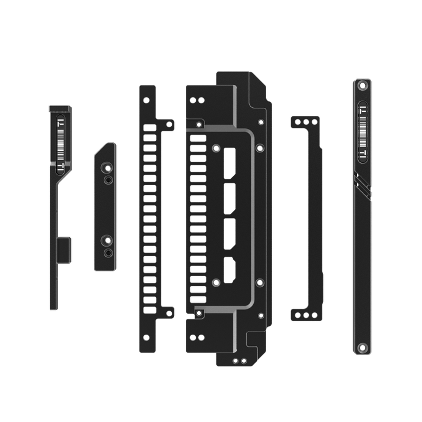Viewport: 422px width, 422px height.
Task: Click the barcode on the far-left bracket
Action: pos(60,142)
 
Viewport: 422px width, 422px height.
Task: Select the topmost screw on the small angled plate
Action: pos(107,168)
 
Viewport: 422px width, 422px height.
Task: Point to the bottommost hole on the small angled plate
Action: pos(108,252)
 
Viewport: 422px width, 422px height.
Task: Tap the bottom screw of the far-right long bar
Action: pos(362,347)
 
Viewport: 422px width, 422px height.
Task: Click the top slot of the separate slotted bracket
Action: pos(149,127)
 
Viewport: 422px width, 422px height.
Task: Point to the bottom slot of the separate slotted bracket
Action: pos(149,308)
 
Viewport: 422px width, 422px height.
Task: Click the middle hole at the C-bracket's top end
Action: pos(307,122)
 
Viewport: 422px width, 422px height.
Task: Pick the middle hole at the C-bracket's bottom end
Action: pos(307,315)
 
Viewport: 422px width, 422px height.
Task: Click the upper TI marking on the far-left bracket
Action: pos(60,122)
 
